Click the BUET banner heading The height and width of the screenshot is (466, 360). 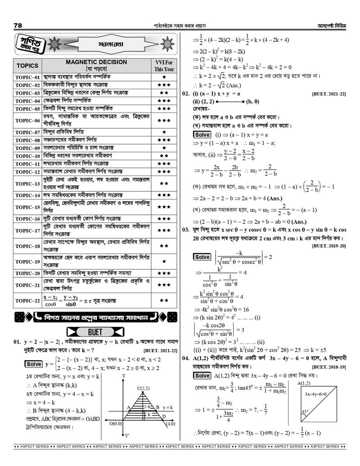[95, 332]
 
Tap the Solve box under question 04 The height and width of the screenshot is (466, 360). [202, 376]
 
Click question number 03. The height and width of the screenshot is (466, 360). [185, 230]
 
